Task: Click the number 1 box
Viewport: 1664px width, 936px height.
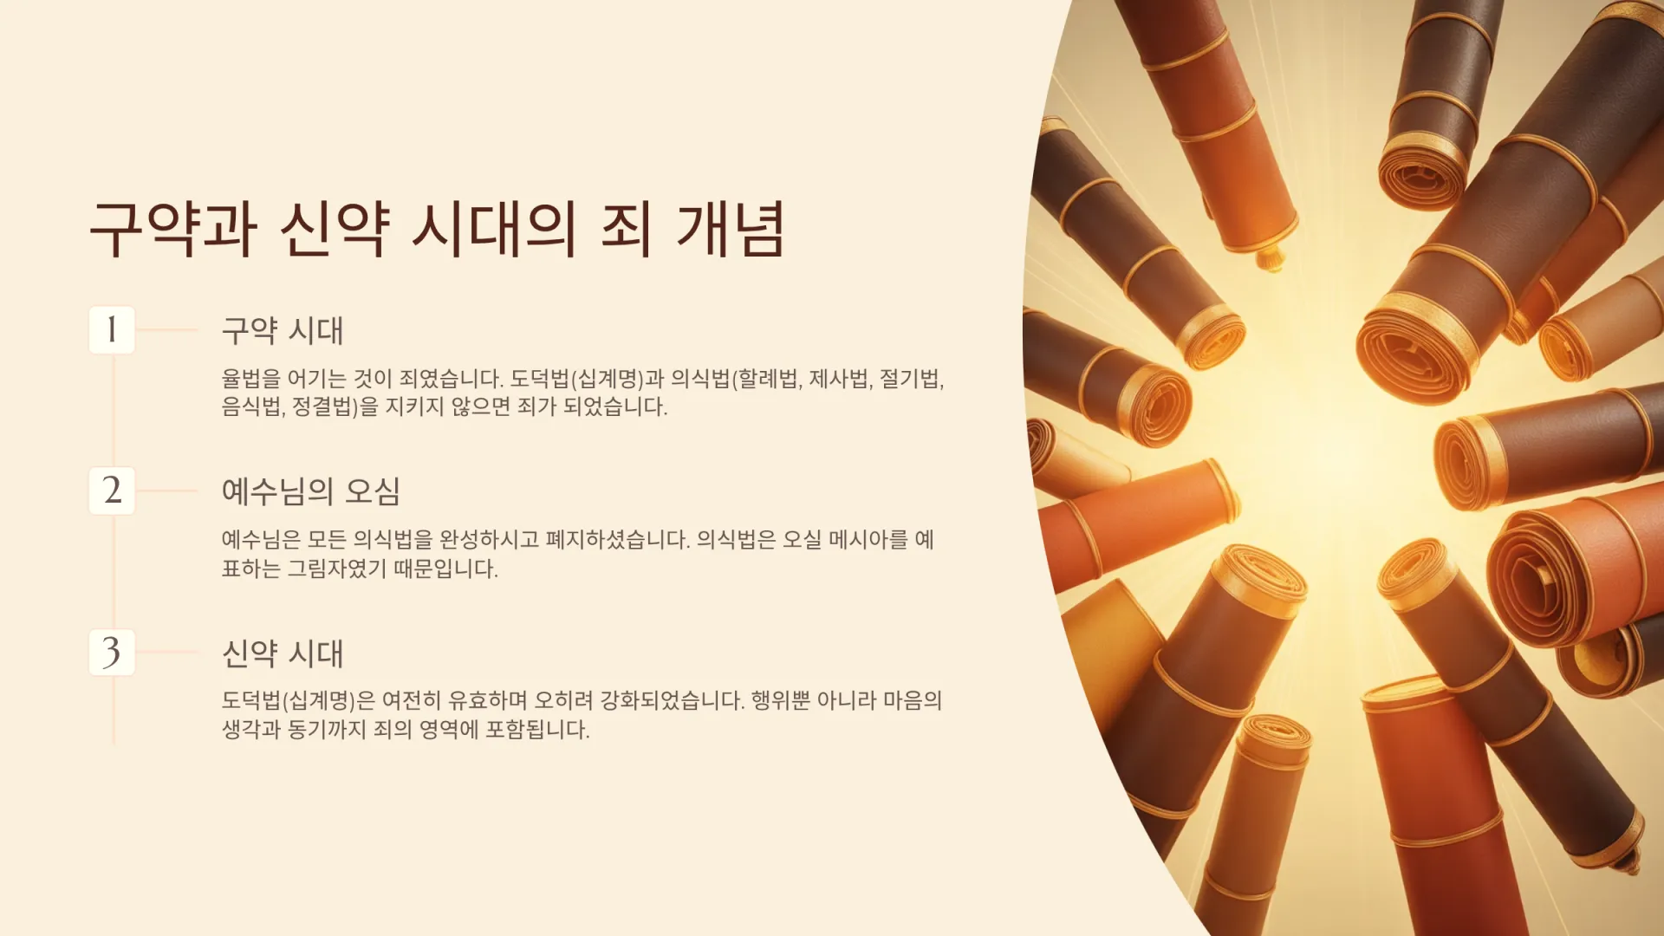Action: point(112,329)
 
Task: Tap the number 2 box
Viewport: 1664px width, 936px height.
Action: point(112,491)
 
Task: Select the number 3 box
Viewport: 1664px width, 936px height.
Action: point(112,652)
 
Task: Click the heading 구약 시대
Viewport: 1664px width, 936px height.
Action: point(283,330)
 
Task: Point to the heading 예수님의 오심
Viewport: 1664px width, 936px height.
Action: point(310,491)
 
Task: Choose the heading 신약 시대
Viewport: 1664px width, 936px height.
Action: point(283,653)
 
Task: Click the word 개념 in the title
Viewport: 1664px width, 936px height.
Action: point(731,229)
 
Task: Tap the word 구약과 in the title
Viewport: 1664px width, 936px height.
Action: point(173,229)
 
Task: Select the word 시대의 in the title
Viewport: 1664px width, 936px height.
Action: point(493,229)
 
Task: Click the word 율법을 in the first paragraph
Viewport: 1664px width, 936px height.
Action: point(251,379)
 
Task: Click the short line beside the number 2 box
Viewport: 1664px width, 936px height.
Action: point(167,491)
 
